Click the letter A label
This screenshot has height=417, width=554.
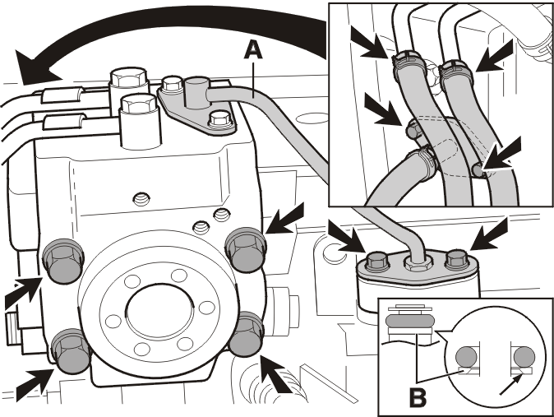click(253, 50)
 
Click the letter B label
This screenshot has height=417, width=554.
click(418, 397)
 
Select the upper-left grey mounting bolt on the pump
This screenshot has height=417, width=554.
click(63, 260)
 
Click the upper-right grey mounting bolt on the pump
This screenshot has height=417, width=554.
click(244, 250)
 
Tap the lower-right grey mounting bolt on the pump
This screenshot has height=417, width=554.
click(247, 334)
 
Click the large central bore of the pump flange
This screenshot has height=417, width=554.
click(159, 312)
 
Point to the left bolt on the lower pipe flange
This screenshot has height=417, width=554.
click(378, 261)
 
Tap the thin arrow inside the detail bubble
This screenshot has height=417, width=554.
click(511, 384)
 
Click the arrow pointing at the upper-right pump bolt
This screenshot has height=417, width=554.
click(284, 219)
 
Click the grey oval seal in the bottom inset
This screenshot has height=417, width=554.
click(410, 321)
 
